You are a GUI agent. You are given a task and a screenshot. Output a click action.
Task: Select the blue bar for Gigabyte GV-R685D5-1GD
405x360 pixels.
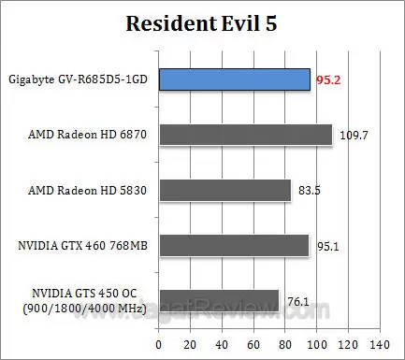click(x=234, y=79)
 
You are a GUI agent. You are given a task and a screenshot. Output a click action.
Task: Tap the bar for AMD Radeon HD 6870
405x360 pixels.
click(x=245, y=135)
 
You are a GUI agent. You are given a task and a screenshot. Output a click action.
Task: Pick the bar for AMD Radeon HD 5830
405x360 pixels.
click(x=224, y=190)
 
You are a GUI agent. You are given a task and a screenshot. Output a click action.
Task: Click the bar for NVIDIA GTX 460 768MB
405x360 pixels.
click(x=234, y=245)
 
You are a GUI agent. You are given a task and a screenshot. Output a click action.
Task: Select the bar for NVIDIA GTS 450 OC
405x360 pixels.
click(x=219, y=300)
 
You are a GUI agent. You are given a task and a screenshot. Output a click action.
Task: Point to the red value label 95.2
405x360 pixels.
click(x=329, y=79)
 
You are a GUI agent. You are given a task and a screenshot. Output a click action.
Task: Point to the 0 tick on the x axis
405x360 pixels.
click(x=158, y=345)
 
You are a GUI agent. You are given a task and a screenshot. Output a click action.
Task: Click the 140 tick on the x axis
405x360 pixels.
click(x=379, y=345)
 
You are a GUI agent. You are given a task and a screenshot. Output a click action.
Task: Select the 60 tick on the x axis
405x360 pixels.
click(x=253, y=345)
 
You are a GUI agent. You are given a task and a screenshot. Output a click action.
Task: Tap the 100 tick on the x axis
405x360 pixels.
click(x=315, y=345)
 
